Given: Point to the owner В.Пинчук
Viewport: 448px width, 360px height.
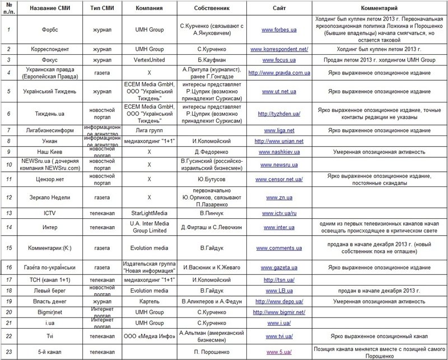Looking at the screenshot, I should click(x=207, y=213).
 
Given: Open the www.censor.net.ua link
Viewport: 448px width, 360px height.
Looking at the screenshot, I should click(x=278, y=179).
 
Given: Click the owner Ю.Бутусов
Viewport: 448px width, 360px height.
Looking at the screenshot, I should click(x=207, y=179).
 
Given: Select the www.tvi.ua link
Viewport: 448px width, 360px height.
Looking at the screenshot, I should click(x=278, y=337).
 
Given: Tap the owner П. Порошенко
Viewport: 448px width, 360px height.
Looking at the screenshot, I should click(x=207, y=352).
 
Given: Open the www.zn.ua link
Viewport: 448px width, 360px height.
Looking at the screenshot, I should click(x=278, y=198).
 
